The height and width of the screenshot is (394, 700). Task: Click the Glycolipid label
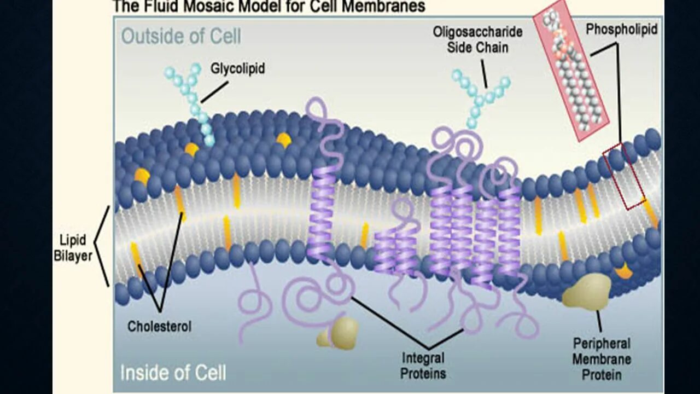tap(237, 69)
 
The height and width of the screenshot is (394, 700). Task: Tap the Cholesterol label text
tap(159, 327)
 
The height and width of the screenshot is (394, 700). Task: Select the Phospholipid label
tap(621, 30)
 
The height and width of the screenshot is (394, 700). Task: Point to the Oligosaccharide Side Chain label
tap(477, 39)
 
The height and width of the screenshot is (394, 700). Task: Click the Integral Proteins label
tap(423, 366)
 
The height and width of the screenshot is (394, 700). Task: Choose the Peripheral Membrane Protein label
tap(602, 359)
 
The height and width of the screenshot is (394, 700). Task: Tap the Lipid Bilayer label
tap(73, 248)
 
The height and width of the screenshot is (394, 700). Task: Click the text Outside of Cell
tap(181, 37)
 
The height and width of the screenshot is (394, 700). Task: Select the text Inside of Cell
tap(173, 373)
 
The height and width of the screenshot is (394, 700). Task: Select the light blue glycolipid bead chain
tap(191, 101)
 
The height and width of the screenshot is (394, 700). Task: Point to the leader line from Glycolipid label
tap(214, 92)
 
